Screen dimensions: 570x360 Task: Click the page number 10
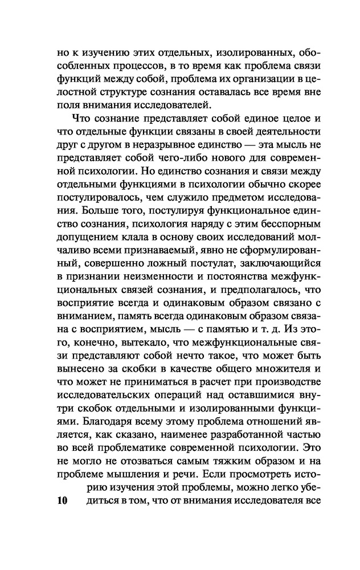point(59,502)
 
